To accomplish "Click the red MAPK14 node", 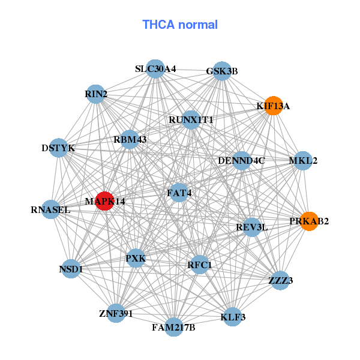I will (x=104, y=201).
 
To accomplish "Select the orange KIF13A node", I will (x=274, y=106).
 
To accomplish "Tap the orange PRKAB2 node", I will (x=309, y=221).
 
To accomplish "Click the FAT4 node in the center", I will (x=179, y=193).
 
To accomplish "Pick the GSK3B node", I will (x=222, y=71).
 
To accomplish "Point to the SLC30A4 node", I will (x=155, y=69).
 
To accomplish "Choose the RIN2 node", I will (x=96, y=94).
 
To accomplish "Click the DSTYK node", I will (x=58, y=147).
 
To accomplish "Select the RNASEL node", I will (x=51, y=209).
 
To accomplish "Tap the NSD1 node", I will (x=71, y=269).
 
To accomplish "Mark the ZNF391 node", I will (x=116, y=313).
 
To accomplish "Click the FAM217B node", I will (x=173, y=326).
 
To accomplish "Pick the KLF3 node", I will (x=233, y=316).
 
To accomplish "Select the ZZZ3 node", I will (x=280, y=280).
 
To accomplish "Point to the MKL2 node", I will (x=303, y=161).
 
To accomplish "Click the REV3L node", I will (x=252, y=227).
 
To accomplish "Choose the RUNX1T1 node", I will (x=191, y=119).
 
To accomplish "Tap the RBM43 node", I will (x=130, y=139).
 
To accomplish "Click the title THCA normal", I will (x=180, y=25).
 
